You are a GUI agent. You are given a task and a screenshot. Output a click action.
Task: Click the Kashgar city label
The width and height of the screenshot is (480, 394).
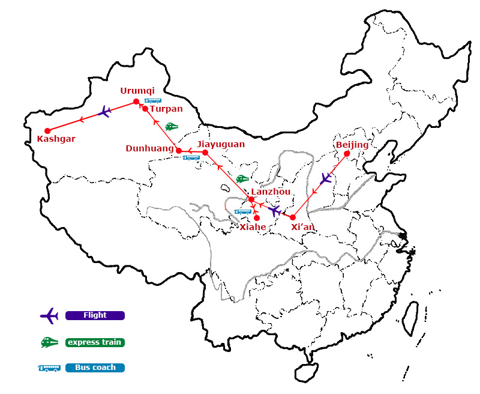click(56, 139)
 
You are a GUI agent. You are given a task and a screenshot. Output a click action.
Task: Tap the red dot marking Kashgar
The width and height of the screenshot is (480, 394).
click(47, 130)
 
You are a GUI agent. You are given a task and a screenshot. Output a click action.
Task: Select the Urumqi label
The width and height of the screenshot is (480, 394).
click(137, 91)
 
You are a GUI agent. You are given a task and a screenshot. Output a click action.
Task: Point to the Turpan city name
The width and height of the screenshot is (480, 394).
click(166, 109)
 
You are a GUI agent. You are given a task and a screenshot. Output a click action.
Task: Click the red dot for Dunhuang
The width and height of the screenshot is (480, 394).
click(179, 151)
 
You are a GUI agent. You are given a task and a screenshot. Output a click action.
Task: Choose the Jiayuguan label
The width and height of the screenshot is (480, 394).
click(221, 144)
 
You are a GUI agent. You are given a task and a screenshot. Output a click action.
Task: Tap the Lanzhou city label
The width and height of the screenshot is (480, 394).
click(271, 192)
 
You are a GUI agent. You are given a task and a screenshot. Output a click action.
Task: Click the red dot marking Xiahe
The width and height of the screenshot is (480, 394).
click(257, 217)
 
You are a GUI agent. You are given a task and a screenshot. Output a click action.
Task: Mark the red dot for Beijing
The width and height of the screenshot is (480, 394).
click(347, 153)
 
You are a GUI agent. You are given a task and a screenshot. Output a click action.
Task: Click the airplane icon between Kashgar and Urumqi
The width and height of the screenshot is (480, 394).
click(104, 112)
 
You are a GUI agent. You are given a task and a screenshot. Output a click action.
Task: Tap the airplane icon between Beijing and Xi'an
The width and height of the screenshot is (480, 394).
click(326, 178)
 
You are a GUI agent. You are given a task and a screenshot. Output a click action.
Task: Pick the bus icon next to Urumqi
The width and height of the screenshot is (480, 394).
click(153, 101)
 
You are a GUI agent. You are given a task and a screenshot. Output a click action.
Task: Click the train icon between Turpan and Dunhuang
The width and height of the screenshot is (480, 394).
click(172, 127)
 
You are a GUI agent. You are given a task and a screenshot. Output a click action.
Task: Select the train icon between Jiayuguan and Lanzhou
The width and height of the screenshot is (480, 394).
click(242, 178)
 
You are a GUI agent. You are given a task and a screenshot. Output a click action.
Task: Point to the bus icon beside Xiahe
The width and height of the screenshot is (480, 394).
click(243, 211)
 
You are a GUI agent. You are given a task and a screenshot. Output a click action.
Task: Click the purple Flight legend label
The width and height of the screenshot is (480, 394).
click(95, 315)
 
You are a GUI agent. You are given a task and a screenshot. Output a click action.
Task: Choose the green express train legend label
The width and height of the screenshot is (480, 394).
click(95, 342)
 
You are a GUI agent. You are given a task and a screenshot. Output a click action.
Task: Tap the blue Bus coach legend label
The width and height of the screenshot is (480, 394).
click(95, 368)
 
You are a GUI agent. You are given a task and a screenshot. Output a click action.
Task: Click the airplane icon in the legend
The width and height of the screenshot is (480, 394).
click(49, 315)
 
